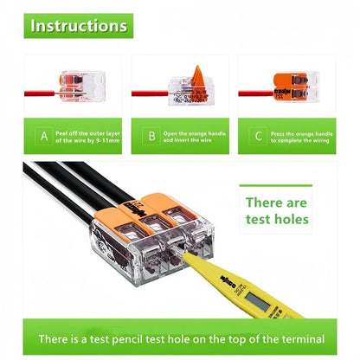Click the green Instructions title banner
click(x=79, y=26)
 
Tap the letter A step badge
click(x=44, y=135)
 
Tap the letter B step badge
click(x=151, y=135)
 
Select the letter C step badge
click(x=257, y=135)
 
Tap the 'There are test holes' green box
click(x=276, y=210)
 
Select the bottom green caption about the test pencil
click(x=179, y=337)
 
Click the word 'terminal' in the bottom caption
click(x=302, y=337)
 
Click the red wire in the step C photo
click(x=254, y=90)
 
